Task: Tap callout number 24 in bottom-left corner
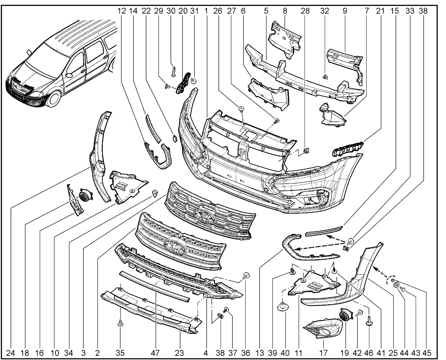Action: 11,353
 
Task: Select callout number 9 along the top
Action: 345,11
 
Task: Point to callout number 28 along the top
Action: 305,11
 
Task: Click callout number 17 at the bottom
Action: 323,353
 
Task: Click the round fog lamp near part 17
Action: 345,316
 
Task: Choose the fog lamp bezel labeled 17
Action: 321,330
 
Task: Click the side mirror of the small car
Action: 69,75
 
